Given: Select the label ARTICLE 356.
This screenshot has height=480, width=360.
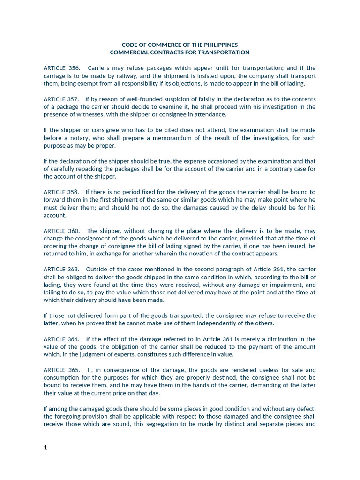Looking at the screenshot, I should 62,68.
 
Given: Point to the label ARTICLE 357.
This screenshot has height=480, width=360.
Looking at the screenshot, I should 62,99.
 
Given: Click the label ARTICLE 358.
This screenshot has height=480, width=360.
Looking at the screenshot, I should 62,192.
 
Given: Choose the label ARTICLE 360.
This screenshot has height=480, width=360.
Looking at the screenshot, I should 62,231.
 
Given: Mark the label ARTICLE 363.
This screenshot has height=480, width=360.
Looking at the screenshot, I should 62,269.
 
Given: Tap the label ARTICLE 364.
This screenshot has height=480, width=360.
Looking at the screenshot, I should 62,339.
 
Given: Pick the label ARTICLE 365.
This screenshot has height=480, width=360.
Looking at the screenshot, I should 62,370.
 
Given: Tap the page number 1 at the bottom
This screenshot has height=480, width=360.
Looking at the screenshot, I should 45,447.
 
